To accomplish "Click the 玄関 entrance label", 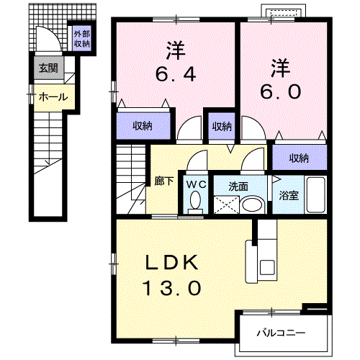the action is [x=48, y=68].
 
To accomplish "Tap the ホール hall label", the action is [x=53, y=97].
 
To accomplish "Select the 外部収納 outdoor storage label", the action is [x=82, y=39].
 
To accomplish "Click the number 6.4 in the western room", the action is [x=176, y=74].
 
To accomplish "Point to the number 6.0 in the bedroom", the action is [x=281, y=92].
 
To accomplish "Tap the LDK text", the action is [x=172, y=263].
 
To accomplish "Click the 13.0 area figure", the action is [x=172, y=288].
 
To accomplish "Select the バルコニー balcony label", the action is [x=281, y=333].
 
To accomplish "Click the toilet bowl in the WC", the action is [x=196, y=199].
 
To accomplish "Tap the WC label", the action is [x=197, y=184].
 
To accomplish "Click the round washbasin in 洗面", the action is [x=252, y=205].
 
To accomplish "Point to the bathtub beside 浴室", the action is [x=316, y=194].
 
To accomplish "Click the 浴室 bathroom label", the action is [x=289, y=196].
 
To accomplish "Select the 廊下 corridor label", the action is [x=164, y=181].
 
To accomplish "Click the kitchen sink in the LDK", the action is [x=267, y=267].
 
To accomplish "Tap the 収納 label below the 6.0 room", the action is [x=299, y=158].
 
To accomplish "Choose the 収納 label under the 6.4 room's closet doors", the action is [x=143, y=126].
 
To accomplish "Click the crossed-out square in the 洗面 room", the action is [x=226, y=204].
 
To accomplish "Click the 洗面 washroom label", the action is [x=238, y=186].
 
